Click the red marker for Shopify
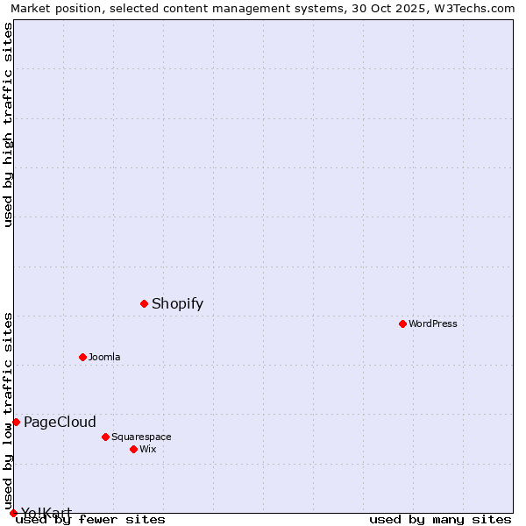(144, 303)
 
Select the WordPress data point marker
(402, 323)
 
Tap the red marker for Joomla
(82, 357)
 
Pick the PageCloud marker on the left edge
(16, 422)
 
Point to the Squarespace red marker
(105, 437)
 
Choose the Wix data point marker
(133, 449)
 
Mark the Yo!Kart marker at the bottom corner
(13, 513)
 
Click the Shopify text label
(177, 304)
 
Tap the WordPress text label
(432, 323)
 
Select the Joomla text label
(104, 357)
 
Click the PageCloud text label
(60, 422)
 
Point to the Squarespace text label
(141, 437)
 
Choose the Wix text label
(147, 449)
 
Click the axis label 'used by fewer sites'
(90, 519)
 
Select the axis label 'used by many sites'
(440, 519)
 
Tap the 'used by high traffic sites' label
(8, 124)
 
